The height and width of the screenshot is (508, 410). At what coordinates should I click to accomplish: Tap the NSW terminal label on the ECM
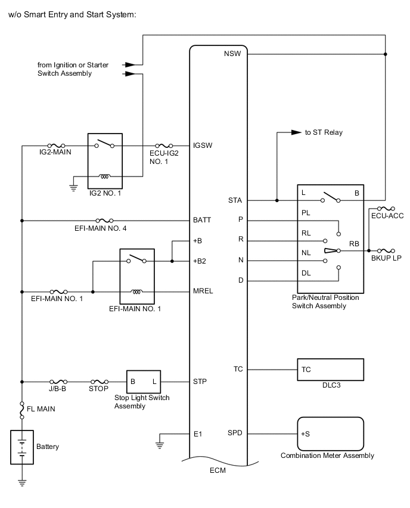232,54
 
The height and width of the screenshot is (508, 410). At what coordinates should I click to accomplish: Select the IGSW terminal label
203,145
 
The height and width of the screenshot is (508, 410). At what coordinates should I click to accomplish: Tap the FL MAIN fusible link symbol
22,410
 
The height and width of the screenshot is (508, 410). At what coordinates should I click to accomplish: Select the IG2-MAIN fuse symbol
57,146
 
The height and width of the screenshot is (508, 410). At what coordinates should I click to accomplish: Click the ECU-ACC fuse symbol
386,209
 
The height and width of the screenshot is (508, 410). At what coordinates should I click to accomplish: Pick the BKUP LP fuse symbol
386,250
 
